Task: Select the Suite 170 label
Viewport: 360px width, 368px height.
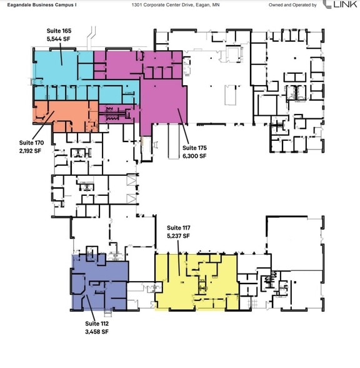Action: [x=31, y=143]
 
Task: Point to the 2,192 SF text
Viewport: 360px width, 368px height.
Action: [x=31, y=151]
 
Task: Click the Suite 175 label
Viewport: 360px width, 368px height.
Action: [x=194, y=148]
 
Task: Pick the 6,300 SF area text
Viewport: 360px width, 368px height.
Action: [x=194, y=155]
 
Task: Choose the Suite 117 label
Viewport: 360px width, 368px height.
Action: [x=178, y=228]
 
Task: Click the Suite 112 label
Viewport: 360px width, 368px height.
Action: [x=97, y=323]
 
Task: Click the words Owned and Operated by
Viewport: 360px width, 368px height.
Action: [x=292, y=4]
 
